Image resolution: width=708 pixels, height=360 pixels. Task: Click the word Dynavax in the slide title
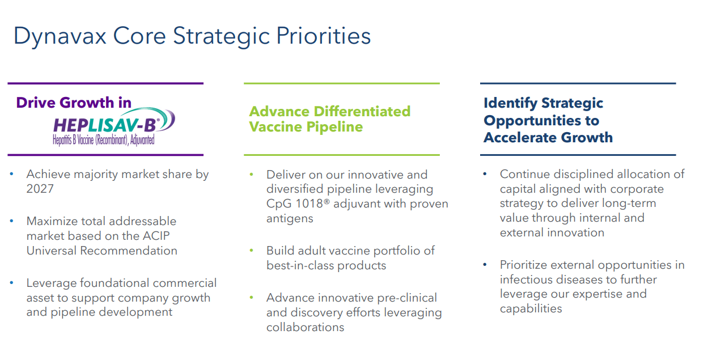[60, 36]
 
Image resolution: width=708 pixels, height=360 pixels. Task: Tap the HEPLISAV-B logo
[114, 126]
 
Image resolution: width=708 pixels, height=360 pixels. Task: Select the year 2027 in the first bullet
[40, 189]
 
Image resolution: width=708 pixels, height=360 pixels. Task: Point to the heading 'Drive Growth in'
[74, 103]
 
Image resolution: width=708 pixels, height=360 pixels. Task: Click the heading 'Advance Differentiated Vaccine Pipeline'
[330, 119]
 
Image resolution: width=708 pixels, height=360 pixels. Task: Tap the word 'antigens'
[290, 218]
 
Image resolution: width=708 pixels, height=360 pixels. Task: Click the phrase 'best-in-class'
[300, 265]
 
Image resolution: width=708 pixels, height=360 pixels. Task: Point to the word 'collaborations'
[306, 327]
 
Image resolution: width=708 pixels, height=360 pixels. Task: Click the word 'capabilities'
[531, 309]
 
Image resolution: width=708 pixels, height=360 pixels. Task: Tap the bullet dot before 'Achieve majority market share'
[12, 174]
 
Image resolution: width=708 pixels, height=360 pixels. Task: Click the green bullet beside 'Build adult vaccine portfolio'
[252, 251]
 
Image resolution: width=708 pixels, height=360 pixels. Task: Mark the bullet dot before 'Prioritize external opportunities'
[485, 265]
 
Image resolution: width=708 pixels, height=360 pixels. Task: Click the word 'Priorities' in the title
[323, 36]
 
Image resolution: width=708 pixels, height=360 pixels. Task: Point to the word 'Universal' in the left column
[52, 251]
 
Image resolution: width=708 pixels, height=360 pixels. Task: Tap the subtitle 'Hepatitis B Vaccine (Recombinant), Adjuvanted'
[104, 139]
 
